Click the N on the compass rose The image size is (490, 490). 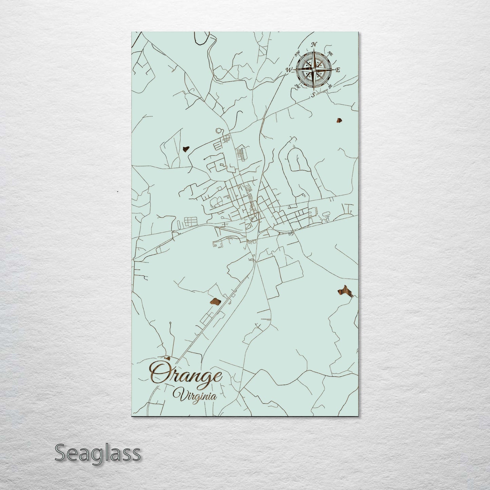pos(314,44)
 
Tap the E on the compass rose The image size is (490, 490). pos(338,70)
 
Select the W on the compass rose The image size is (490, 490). pos(289,70)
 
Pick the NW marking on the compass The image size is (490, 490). pos(298,53)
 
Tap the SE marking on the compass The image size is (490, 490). pos(330,86)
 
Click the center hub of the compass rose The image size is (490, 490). pos(314,70)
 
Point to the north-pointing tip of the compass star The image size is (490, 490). pos(314,51)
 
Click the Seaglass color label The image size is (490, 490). pos(97,453)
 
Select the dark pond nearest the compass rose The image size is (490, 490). pos(339,120)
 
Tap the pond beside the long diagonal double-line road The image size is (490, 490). pos(215,301)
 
